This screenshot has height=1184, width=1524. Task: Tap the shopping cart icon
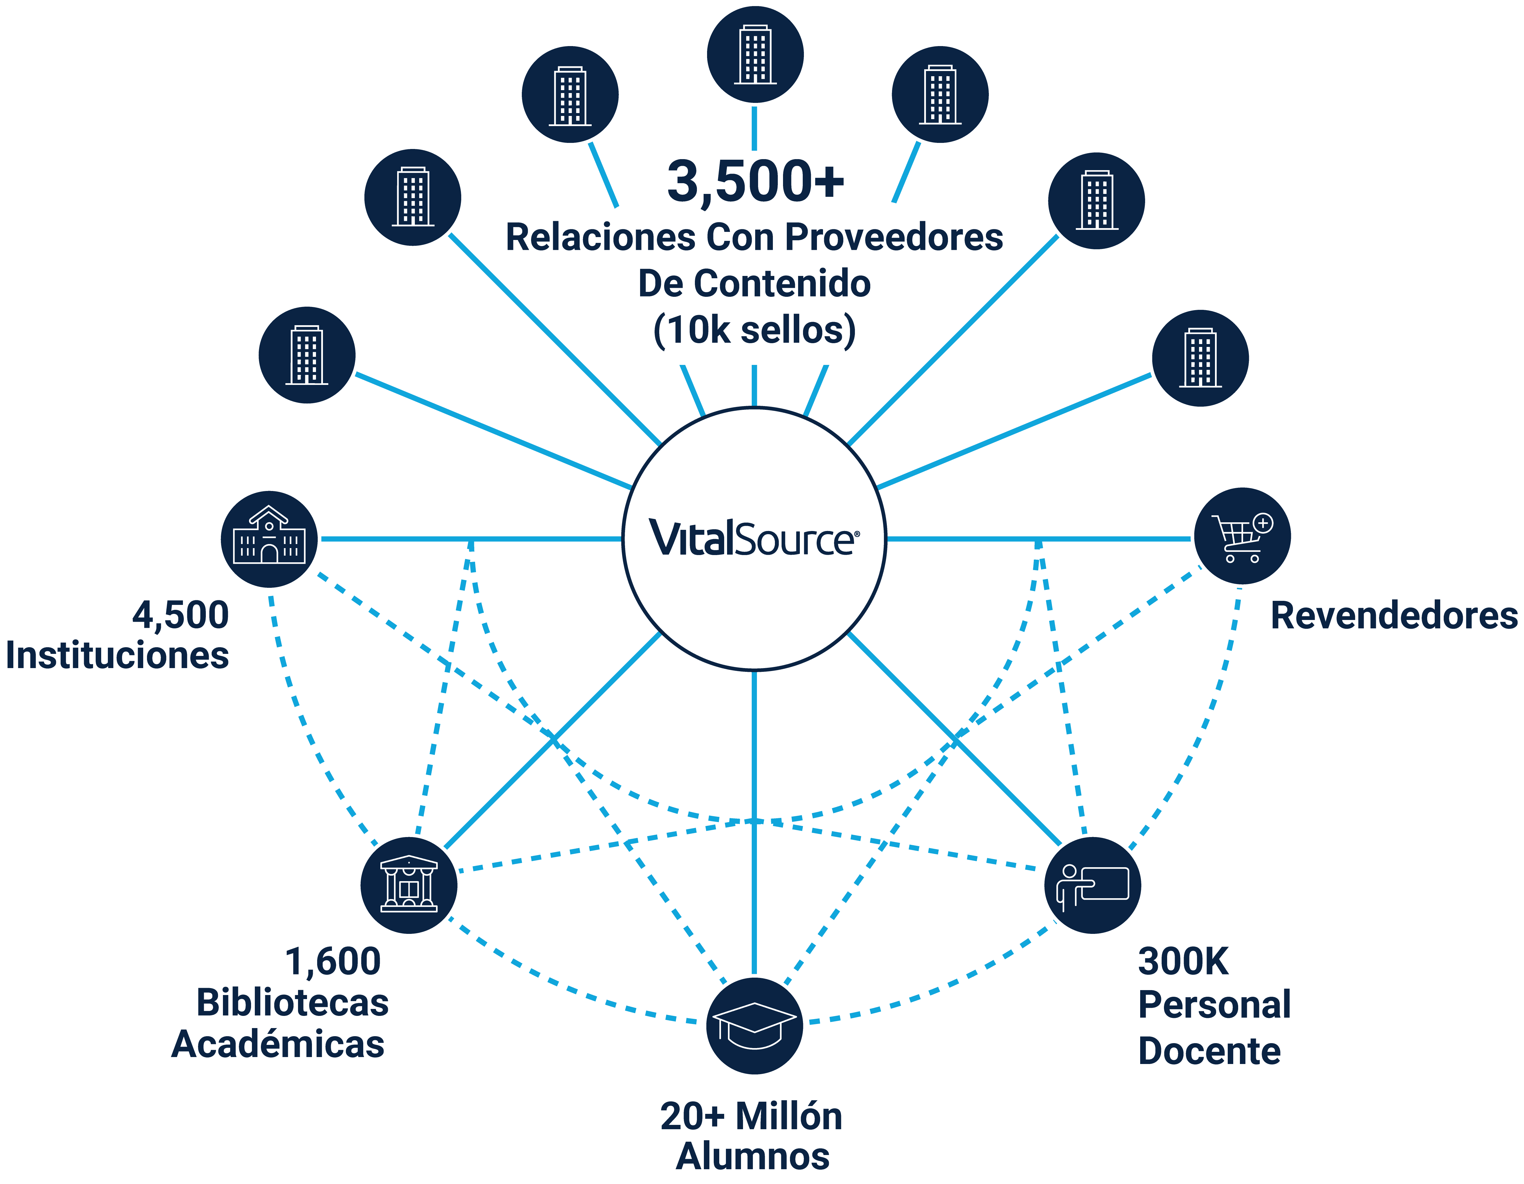click(x=1242, y=536)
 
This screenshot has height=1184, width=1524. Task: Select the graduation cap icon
click(x=754, y=1026)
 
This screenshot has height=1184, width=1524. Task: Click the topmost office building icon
click(x=755, y=54)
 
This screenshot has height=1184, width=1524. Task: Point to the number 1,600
click(x=333, y=961)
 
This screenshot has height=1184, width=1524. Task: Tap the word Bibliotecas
click(x=293, y=1003)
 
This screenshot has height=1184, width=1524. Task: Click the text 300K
click(x=1183, y=961)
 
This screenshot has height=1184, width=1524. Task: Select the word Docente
click(x=1209, y=1051)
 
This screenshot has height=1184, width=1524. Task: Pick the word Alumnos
click(x=753, y=1156)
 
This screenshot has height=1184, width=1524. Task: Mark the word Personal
click(x=1214, y=1005)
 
